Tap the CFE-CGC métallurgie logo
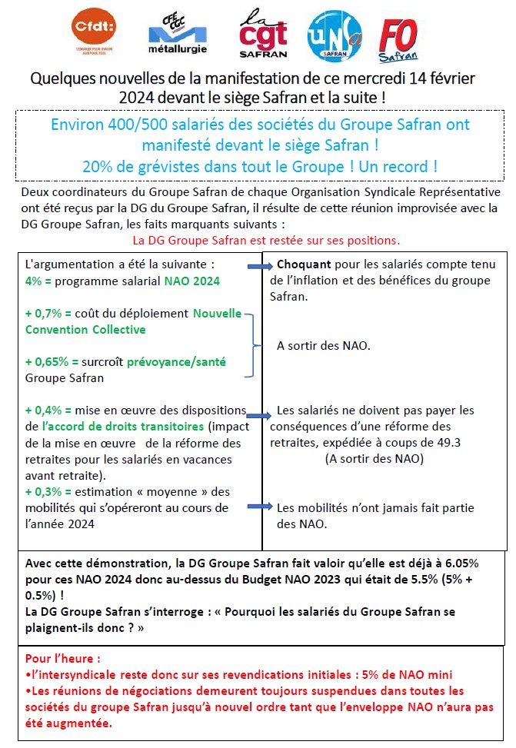(x=177, y=35)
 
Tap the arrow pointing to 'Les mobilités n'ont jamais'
(x=261, y=507)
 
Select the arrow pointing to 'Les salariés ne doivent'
(x=260, y=413)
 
